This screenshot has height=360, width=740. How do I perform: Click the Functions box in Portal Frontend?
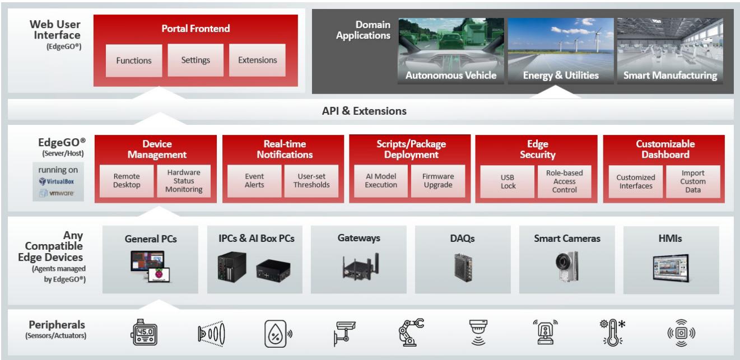pos(134,60)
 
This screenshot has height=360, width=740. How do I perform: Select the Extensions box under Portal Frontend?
pos(257,60)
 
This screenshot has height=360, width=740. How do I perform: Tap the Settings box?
pos(196,60)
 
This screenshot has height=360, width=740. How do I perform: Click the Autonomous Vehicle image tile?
pos(451,50)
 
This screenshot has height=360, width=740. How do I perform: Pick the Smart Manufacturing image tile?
pos(670,50)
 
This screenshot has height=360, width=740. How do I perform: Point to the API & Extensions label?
pos(364,111)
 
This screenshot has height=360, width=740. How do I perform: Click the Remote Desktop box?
pos(127,181)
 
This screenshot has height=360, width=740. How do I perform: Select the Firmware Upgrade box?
pos(438,181)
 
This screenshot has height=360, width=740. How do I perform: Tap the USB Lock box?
pos(508,181)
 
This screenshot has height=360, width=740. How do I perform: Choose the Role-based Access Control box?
pos(564,181)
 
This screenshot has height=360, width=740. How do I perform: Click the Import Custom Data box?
pos(693,181)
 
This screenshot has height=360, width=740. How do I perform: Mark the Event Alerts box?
pos(254,181)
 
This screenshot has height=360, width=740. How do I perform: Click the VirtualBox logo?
pos(57,181)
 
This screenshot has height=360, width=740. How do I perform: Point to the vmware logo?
pos(57,193)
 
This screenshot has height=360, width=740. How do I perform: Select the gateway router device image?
pos(360,267)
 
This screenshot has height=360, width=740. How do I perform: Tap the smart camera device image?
pos(566,266)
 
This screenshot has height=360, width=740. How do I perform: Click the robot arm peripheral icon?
pos(411,332)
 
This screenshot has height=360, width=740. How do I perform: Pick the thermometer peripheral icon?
pos(612,332)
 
